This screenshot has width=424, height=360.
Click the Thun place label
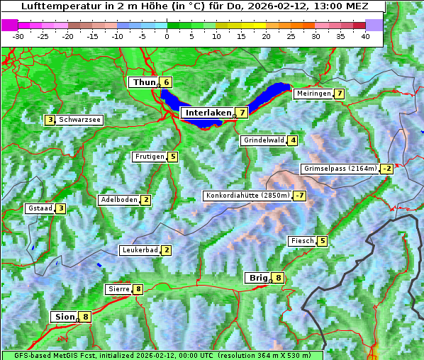[x=144, y=82]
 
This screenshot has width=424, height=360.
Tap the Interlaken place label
[x=208, y=113]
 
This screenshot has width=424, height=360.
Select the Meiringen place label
[x=313, y=94]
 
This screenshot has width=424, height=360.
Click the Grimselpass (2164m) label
[x=340, y=169]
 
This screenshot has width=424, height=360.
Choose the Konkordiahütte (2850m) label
[x=247, y=196]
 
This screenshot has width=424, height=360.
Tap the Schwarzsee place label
[x=80, y=120]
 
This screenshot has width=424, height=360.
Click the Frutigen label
[x=150, y=157]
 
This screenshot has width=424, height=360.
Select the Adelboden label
[x=118, y=200]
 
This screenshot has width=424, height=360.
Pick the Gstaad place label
[x=40, y=208]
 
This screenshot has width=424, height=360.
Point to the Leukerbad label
[x=139, y=250]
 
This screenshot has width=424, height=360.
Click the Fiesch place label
[x=302, y=241]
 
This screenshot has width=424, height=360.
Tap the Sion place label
[x=64, y=317]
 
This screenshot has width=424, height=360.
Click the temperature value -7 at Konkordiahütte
[x=300, y=196]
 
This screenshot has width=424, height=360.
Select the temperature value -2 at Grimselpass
[x=386, y=169]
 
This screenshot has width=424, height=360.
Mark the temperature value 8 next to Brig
[x=279, y=278]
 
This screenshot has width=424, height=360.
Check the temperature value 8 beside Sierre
[x=138, y=289]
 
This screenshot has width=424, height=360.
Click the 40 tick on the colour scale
[x=365, y=36]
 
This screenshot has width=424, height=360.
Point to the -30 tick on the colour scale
[x=18, y=36]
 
